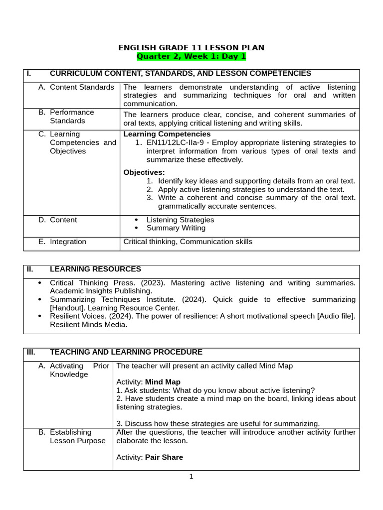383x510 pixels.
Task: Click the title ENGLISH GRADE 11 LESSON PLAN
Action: click(191, 48)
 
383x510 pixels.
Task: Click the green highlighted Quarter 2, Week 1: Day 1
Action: click(191, 56)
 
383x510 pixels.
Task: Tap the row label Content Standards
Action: click(82, 87)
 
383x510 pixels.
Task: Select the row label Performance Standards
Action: click(72, 117)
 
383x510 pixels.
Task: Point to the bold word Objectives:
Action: click(144, 172)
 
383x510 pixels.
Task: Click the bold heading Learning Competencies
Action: click(167, 134)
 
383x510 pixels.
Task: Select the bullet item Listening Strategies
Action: click(180, 220)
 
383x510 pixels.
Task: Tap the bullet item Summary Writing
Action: click(176, 228)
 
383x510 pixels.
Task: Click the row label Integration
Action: click(68, 242)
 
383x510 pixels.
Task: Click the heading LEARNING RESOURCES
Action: click(95, 269)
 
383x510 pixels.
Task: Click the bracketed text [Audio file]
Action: click(336, 316)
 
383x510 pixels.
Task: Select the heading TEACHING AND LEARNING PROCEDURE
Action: click(126, 352)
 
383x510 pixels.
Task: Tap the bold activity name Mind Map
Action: click(163, 382)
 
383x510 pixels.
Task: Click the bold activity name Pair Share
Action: click(164, 457)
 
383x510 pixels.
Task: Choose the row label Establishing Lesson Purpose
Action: click(77, 436)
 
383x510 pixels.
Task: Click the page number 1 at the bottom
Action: click(191, 477)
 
